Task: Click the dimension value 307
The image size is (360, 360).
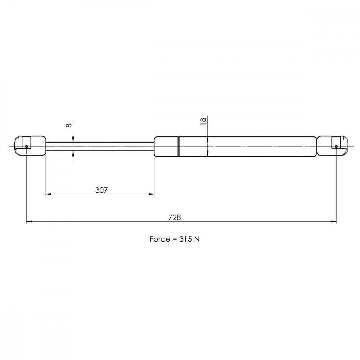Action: [102, 190]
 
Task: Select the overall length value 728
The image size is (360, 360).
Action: [175, 217]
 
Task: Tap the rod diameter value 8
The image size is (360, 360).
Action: [69, 125]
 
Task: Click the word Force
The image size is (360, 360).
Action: [160, 239]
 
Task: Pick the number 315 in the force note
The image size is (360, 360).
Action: [186, 239]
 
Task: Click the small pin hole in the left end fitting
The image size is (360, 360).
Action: [26, 147]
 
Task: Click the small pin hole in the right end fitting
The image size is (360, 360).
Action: [336, 147]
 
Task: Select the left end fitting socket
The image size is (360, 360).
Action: [30, 146]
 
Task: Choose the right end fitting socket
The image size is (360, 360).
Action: [332, 146]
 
